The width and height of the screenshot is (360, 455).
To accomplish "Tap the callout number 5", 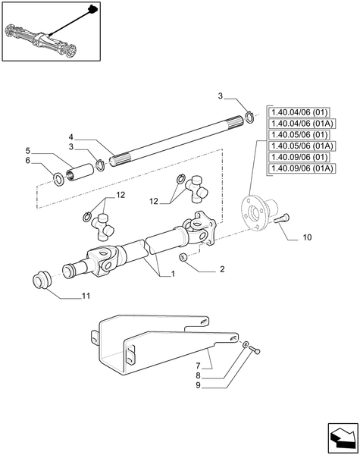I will (x=28, y=150).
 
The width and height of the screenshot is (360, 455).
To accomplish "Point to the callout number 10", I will (x=306, y=237).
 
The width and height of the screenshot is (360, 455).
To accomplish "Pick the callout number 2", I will (x=222, y=268).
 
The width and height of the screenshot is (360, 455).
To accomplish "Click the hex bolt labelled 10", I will (x=283, y=218).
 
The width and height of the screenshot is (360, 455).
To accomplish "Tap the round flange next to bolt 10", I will (x=255, y=212).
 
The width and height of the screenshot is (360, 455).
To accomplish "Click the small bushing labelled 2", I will (x=183, y=260).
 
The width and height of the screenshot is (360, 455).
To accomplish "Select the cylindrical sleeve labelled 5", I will (x=78, y=172).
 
